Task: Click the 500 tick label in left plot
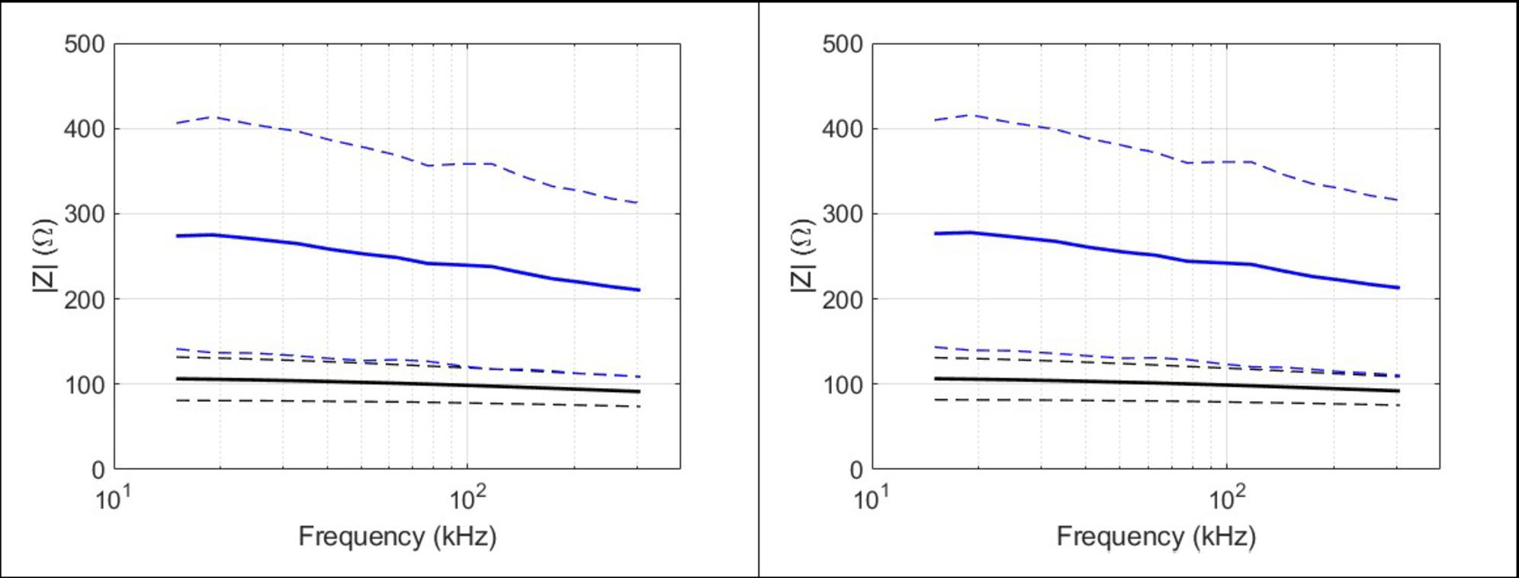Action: tap(84, 44)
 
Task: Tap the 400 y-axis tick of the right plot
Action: tap(842, 129)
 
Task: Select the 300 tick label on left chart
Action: tap(84, 214)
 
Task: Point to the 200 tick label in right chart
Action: tap(842, 300)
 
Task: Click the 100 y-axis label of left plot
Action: tap(84, 384)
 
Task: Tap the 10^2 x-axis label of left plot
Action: tap(467, 499)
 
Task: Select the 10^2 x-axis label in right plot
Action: tap(1225, 499)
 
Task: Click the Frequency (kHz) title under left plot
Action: tap(397, 536)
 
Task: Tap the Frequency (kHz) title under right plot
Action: tap(1155, 536)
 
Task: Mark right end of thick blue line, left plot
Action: tap(639, 290)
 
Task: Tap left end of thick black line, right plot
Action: tap(936, 378)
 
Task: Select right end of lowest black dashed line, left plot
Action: tap(639, 406)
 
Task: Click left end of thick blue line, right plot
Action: tap(936, 233)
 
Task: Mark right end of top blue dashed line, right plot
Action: tap(1398, 201)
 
